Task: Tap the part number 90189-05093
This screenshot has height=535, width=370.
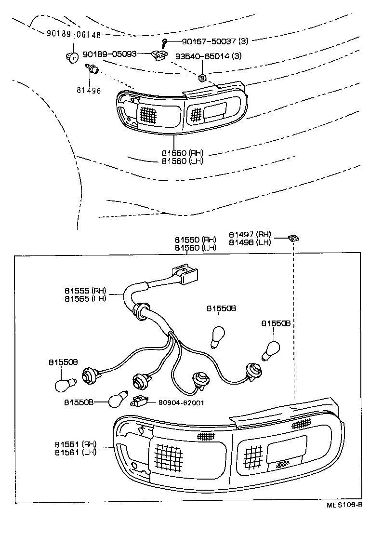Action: pos(110,54)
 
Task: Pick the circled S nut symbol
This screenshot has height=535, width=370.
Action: pos(202,78)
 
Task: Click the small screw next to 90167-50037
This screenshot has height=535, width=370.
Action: pos(165,42)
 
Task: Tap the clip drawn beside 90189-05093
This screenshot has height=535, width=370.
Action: pos(159,56)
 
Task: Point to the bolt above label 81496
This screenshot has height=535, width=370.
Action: pos(92,70)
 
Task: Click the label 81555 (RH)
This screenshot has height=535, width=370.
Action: pos(85,291)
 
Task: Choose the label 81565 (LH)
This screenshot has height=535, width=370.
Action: pos(85,298)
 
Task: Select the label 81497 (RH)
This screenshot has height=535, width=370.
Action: pos(250,235)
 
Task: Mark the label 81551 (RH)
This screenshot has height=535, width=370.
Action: pos(75,444)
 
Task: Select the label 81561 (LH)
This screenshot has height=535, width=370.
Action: pos(75,452)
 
